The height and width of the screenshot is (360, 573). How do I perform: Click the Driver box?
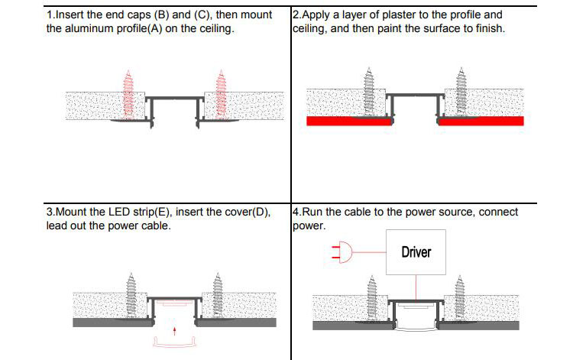click(416, 251)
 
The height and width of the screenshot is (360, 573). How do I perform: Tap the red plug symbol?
click(342, 251)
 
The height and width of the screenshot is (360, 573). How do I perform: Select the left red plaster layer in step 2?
click(349, 121)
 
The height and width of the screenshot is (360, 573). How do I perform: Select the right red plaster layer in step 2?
click(482, 121)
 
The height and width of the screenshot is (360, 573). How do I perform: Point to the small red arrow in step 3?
click(175, 331)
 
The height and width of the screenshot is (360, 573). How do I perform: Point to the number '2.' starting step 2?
click(297, 15)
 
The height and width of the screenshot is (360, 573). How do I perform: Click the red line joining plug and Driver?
click(374, 251)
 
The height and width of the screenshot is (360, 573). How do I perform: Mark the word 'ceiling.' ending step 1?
click(213, 29)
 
